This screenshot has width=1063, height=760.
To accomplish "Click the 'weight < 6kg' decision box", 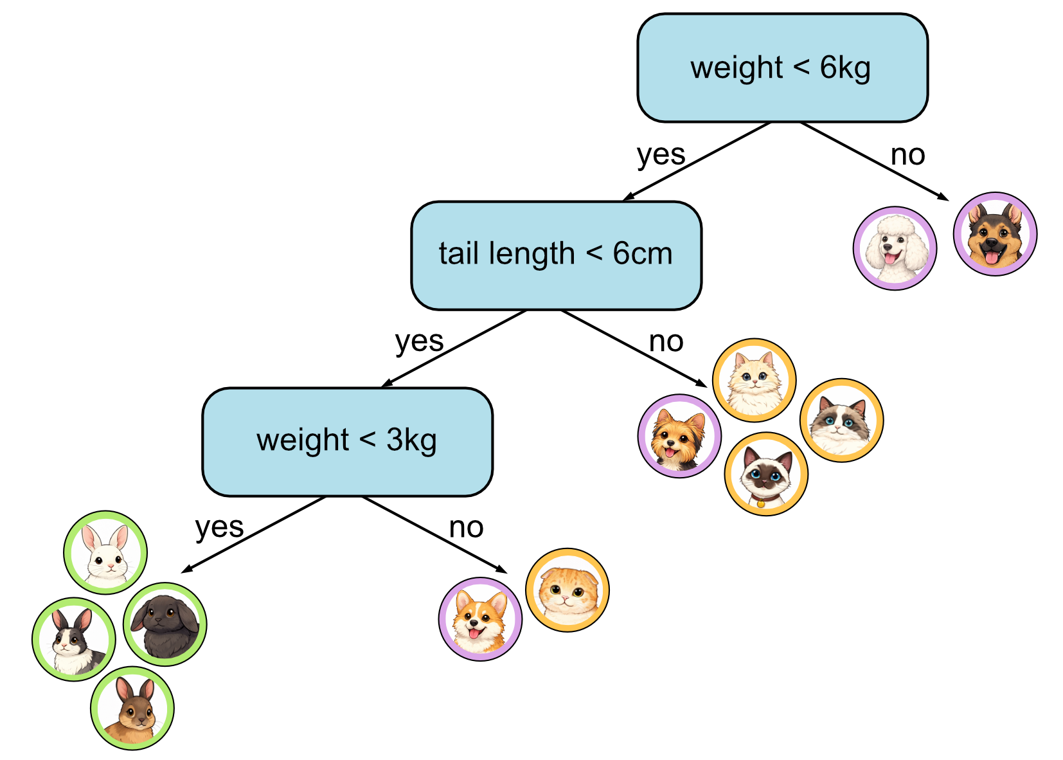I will [x=782, y=68].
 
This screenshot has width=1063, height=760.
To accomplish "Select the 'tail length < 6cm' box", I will [x=556, y=255].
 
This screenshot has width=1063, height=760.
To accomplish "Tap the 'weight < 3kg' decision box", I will [x=347, y=442].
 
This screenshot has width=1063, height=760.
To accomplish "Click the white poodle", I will [x=895, y=248].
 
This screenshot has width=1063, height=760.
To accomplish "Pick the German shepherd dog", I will [x=994, y=234].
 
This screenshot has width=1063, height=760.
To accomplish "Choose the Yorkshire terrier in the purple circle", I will [x=679, y=436].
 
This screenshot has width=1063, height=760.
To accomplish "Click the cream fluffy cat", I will [x=755, y=380].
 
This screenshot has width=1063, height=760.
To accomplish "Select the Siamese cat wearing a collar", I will [x=766, y=475].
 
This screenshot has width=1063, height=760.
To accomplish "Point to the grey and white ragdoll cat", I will [x=841, y=421].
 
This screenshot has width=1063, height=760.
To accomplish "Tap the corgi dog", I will [x=480, y=619].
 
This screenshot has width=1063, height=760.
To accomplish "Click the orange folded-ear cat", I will [x=567, y=590].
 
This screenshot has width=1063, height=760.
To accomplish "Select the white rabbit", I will [x=105, y=552].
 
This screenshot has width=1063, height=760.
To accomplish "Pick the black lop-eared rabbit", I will [x=165, y=624].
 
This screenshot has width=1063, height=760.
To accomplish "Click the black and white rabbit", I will [x=74, y=639].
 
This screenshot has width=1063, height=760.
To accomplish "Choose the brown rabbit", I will [x=132, y=708].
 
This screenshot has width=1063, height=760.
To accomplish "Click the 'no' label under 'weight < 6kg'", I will [x=907, y=155].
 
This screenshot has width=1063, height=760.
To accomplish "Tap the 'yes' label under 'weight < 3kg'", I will [x=219, y=528].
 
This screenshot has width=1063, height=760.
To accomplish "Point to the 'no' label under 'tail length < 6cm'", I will [x=666, y=341].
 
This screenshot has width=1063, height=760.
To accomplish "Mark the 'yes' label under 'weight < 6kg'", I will [x=661, y=155].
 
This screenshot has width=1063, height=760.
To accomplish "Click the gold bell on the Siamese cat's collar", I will [x=761, y=503].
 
